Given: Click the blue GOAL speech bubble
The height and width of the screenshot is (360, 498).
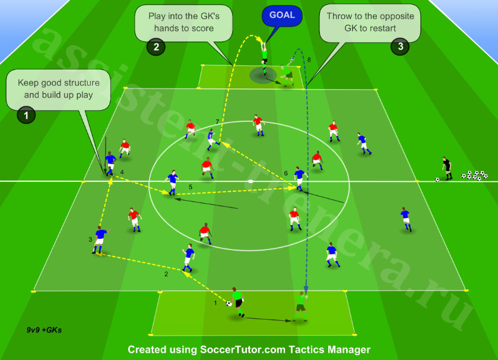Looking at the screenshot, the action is pos(282,16).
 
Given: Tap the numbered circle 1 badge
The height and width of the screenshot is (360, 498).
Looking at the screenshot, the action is pos(26,115).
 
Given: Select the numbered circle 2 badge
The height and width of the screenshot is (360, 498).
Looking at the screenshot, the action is pos(156,47).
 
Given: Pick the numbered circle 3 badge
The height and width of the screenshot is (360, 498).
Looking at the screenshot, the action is pos(400,46).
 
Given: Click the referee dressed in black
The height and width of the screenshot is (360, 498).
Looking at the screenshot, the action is pos(447,168).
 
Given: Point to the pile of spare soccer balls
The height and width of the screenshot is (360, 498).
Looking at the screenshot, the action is pos(475,175).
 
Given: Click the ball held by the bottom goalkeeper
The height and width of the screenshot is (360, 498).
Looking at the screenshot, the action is pos(229,304).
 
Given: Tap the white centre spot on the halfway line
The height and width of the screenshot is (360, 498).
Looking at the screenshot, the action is pos(250,181).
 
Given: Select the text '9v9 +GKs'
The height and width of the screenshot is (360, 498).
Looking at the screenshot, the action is pos(44,330).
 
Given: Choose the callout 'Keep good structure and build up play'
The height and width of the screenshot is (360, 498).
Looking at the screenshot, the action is pos(58,89).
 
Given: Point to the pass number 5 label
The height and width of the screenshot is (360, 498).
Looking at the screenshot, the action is pos(191,187).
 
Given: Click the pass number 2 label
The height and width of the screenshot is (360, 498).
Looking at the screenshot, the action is pos(166,274).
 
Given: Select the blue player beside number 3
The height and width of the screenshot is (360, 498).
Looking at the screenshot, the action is pos(100,240).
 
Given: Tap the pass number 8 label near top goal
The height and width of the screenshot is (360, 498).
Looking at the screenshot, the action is pos(309,60).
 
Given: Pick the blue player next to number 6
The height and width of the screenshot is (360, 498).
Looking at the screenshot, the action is pos(300,179).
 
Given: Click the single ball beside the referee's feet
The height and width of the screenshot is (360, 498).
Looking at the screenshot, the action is pos(437,179).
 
